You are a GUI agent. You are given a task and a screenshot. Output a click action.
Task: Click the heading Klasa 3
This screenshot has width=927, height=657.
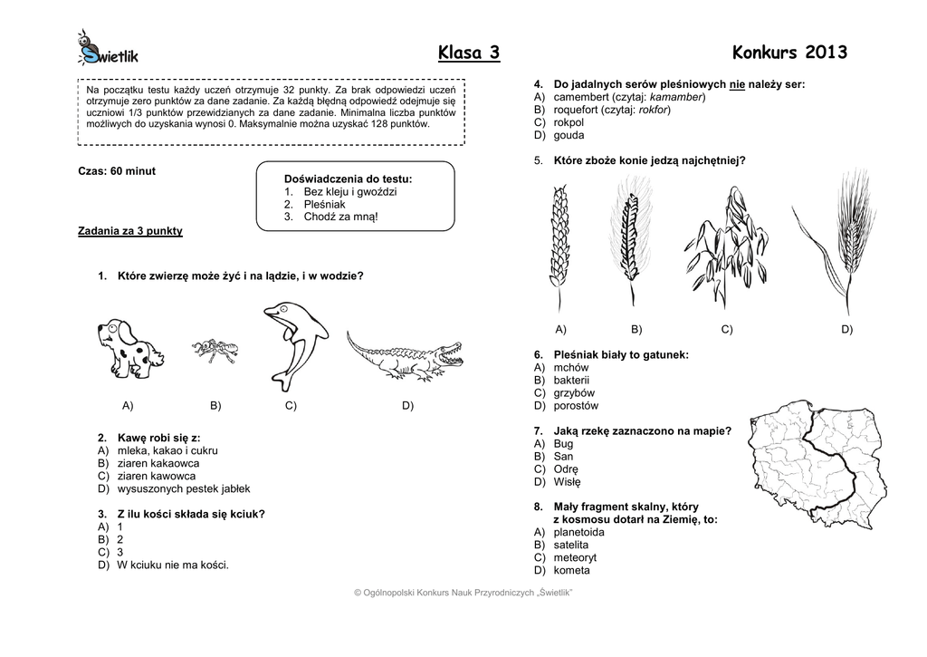pos(468,53)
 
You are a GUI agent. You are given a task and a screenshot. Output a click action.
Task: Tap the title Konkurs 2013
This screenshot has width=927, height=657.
pos(789,53)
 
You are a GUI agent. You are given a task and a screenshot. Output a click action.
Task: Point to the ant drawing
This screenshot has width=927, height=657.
pos(215,351)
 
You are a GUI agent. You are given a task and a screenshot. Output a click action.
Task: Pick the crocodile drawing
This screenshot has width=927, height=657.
pos(403,357)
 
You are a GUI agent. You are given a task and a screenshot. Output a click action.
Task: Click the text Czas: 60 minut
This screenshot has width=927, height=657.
pos(117,171)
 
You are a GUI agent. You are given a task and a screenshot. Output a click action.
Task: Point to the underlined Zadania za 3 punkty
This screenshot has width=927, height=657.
pos(130,231)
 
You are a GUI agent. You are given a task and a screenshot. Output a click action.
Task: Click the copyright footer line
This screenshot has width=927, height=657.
pos(463,593)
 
